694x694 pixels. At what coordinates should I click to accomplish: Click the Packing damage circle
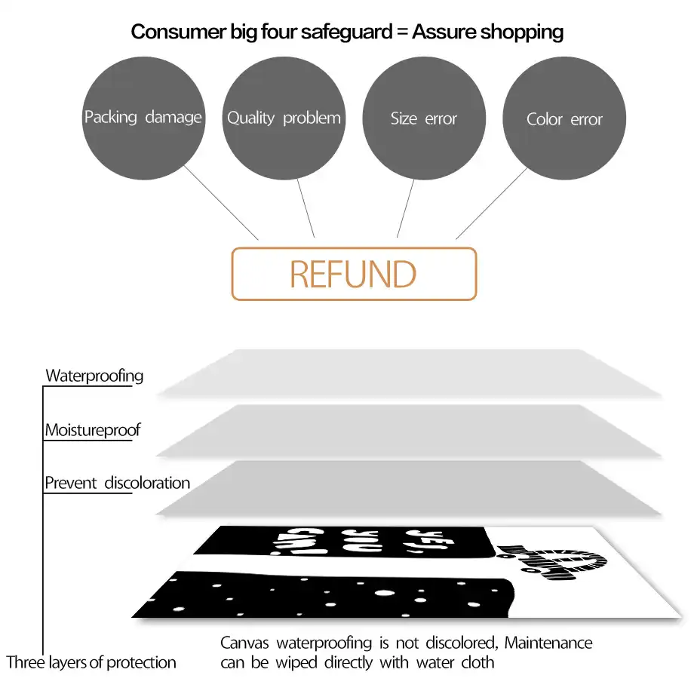[143, 118]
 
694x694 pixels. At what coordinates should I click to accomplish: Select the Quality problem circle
[284, 118]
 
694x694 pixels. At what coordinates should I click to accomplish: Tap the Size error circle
[424, 118]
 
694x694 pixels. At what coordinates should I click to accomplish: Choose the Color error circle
[564, 118]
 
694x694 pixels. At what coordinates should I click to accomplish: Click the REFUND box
[353, 274]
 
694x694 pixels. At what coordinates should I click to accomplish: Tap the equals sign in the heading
[401, 32]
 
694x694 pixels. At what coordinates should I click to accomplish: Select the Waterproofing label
[94, 375]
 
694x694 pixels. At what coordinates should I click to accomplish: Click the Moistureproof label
[93, 430]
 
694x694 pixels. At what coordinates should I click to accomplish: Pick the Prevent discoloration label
[117, 483]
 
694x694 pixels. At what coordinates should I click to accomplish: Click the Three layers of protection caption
[91, 663]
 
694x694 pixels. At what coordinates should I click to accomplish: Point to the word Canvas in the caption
[246, 643]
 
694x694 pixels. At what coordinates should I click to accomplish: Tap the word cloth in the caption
[478, 663]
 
